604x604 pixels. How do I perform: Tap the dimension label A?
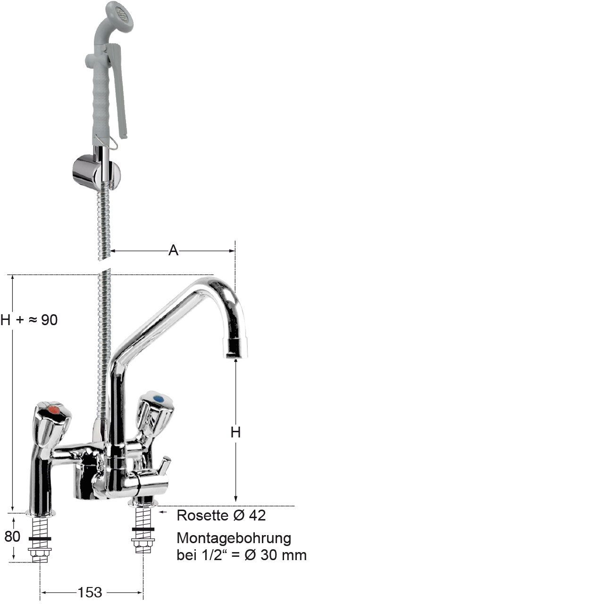point(173,251)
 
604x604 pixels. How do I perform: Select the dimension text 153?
point(90,592)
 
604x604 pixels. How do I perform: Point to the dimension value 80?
point(12,537)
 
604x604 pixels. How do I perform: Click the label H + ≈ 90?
point(29,320)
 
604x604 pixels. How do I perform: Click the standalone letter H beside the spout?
point(236,433)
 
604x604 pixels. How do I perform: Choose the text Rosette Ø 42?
point(221,515)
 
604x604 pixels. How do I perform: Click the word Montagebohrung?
point(234,538)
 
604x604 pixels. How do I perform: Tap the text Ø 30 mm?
point(276,555)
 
